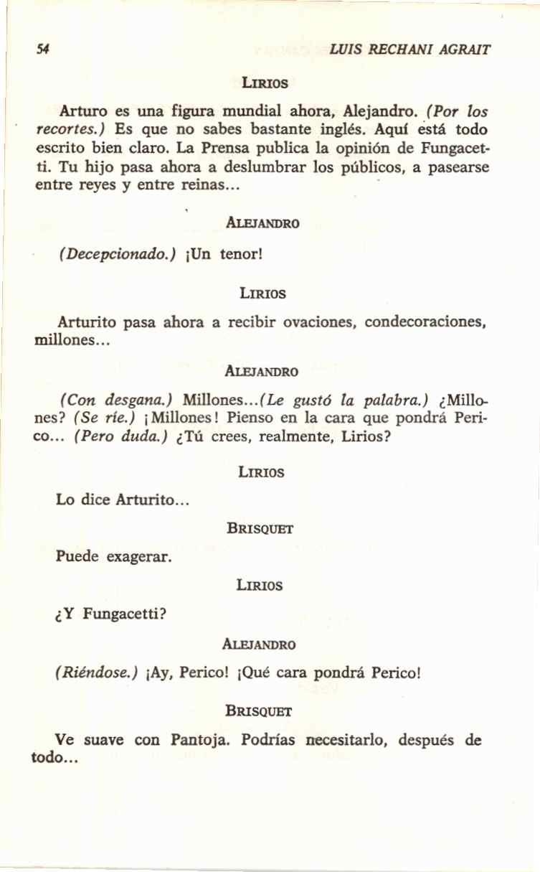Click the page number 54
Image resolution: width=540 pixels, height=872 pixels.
43,50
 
